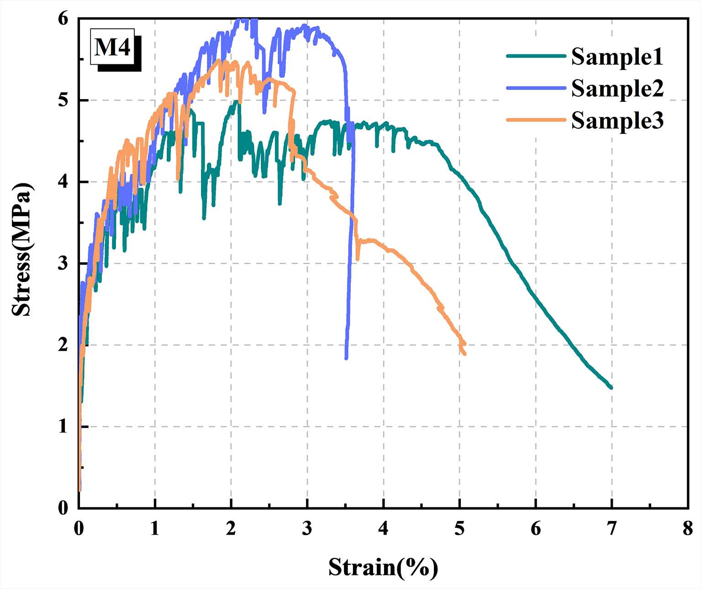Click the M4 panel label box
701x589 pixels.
click(x=112, y=47)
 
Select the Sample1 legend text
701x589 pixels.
click(x=617, y=57)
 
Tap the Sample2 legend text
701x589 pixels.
click(x=617, y=89)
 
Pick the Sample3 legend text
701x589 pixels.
click(x=617, y=121)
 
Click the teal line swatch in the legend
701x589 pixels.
click(x=536, y=56)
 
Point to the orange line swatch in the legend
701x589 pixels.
click(x=536, y=120)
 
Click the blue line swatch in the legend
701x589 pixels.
click(x=536, y=88)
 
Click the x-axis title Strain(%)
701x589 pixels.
click(x=383, y=568)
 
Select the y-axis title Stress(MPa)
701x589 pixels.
click(x=22, y=250)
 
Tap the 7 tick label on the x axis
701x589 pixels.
click(x=611, y=528)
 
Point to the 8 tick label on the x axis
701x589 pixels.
click(x=688, y=528)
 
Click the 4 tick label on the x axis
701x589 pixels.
click(x=383, y=528)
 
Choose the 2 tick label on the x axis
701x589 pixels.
click(x=231, y=528)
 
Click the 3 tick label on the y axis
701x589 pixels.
click(x=63, y=263)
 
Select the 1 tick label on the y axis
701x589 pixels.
click(x=63, y=427)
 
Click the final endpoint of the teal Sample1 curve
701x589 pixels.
click(x=611, y=387)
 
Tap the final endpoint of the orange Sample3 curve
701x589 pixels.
click(x=464, y=353)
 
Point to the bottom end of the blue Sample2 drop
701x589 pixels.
click(x=346, y=358)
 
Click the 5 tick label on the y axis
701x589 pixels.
click(x=63, y=100)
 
